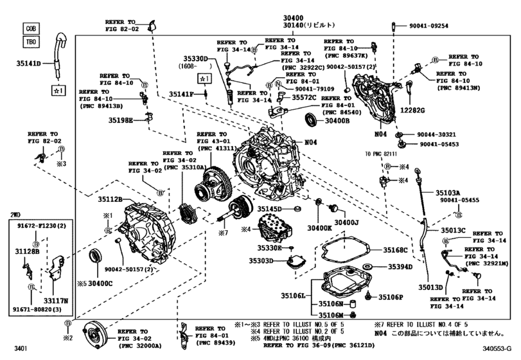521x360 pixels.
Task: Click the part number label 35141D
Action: (28, 64)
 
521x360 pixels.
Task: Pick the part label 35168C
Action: (396, 250)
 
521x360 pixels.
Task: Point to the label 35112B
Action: (110, 200)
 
